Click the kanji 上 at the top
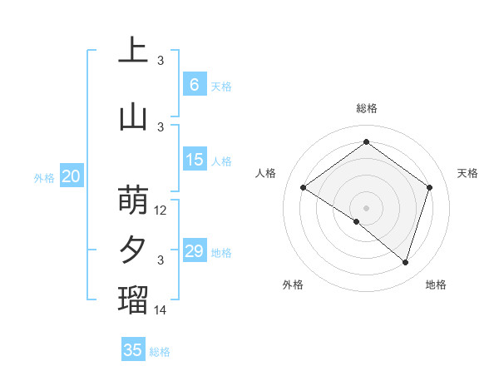click(133, 50)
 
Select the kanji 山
click(133, 117)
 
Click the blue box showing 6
click(194, 85)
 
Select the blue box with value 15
click(194, 160)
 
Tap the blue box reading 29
click(194, 251)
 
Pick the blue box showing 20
click(72, 176)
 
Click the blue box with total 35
click(133, 350)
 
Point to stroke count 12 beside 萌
click(161, 210)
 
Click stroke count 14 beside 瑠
click(161, 310)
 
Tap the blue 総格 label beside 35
click(161, 352)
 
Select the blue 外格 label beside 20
click(44, 178)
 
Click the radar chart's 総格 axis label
click(366, 108)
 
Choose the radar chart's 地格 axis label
click(436, 285)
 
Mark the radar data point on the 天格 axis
click(429, 187)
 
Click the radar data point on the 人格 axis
click(303, 187)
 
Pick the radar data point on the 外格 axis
click(357, 221)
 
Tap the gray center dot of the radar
click(366, 207)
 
